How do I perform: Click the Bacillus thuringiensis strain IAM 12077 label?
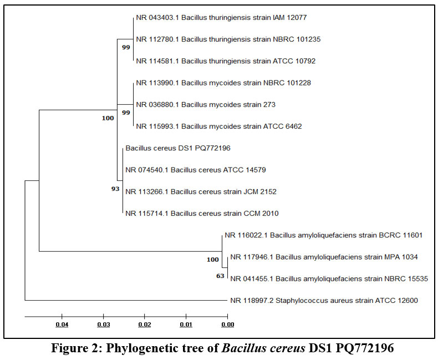pyautogui.click(x=221, y=18)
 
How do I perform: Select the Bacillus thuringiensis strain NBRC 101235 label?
pyautogui.click(x=228, y=39)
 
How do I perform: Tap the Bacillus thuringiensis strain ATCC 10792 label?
pyautogui.click(x=226, y=61)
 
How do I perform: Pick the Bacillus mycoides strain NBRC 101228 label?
pyautogui.click(x=223, y=83)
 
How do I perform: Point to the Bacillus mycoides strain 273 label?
pyautogui.click(x=206, y=104)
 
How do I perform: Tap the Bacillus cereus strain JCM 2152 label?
pyautogui.click(x=201, y=192)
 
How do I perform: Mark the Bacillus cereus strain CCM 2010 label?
pyautogui.click(x=202, y=214)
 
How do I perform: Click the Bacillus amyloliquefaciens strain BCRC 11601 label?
pyautogui.click(x=323, y=235)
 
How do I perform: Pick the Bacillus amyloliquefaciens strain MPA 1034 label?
pyautogui.click(x=324, y=257)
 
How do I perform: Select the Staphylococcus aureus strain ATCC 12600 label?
pyautogui.click(x=324, y=301)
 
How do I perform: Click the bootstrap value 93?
pyautogui.click(x=115, y=189)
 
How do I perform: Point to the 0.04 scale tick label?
pyautogui.click(x=62, y=324)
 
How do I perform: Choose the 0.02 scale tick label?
pyautogui.click(x=144, y=324)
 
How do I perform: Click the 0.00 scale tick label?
pyautogui.click(x=227, y=324)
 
